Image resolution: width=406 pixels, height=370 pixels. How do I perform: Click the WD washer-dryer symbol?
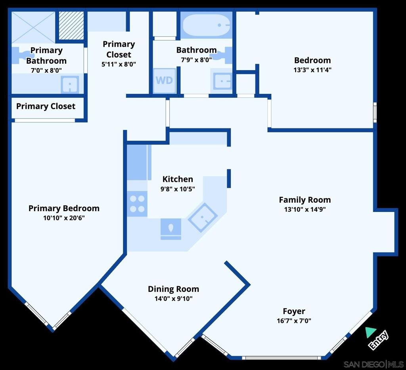point(164,81)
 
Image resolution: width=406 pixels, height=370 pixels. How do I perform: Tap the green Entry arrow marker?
point(370,332)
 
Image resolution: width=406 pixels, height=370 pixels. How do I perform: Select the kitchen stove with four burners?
point(137,204)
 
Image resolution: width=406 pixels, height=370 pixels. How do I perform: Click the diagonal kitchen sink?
point(203,217)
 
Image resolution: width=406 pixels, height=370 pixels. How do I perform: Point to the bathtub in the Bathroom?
point(206,25)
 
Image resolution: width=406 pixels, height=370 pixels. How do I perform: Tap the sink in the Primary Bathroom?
point(70,84)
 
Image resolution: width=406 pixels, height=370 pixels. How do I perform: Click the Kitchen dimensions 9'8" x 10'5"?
point(178,189)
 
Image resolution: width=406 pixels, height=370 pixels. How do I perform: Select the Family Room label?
point(305,200)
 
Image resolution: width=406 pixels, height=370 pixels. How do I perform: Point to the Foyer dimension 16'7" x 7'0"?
point(294,321)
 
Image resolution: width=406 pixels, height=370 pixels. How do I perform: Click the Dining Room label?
point(174,289)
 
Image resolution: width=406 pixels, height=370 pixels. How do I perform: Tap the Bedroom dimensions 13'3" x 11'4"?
point(312,70)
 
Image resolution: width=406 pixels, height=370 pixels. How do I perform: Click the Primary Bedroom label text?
point(64,208)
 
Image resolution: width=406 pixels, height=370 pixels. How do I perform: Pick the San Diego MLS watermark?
point(373,364)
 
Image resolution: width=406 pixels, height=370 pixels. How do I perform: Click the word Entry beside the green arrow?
point(378,340)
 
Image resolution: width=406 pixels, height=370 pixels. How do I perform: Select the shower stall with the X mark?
point(33,27)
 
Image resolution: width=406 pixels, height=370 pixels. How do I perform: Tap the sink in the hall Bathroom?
point(222,81)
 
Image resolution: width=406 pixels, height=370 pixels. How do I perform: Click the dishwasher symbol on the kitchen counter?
point(171,229)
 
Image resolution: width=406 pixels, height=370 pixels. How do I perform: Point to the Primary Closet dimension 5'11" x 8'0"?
point(119,64)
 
